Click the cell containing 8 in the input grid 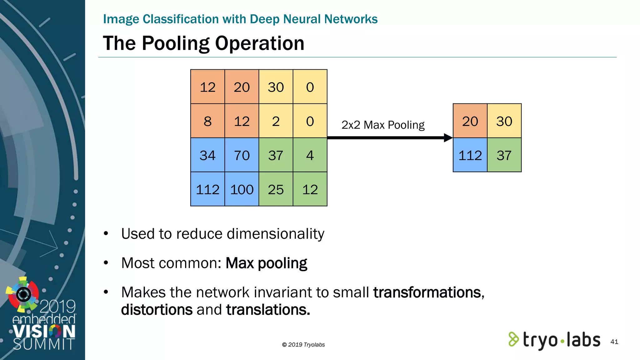[207, 121]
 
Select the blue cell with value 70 [242, 155]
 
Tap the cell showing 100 [242, 189]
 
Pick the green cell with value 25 [276, 189]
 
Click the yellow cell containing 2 [276, 121]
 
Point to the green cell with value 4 [310, 155]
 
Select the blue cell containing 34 [207, 155]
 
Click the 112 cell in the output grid [470, 155]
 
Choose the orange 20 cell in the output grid [470, 121]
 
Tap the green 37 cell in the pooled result [504, 155]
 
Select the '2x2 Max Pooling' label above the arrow [383, 125]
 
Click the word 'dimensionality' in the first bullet [275, 234]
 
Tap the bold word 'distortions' [157, 310]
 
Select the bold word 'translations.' [268, 310]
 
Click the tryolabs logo [554, 340]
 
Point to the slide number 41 [614, 342]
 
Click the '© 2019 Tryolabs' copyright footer [303, 345]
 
